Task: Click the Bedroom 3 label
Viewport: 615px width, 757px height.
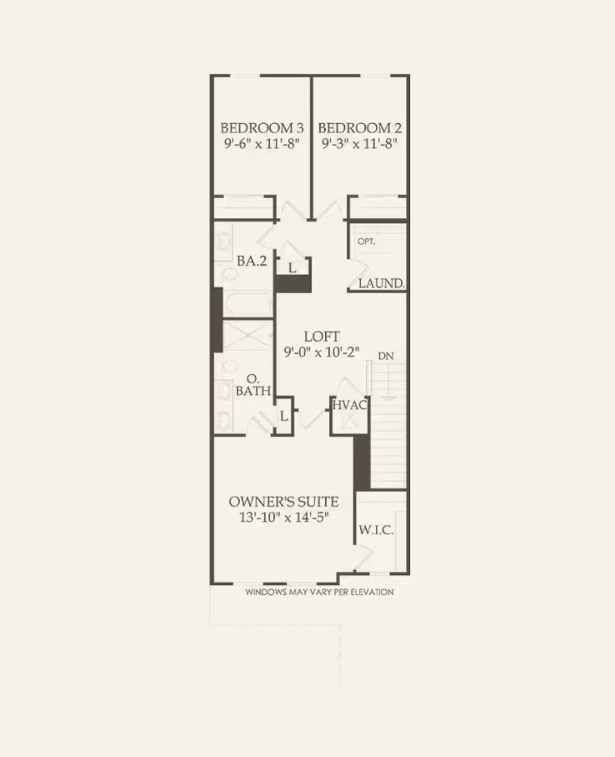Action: click(x=262, y=128)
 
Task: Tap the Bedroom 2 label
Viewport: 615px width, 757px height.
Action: click(x=360, y=128)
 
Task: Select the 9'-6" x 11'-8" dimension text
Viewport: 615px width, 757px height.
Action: click(x=262, y=144)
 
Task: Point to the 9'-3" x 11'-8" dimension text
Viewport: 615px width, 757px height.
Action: click(x=360, y=144)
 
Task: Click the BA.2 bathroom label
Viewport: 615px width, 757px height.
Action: click(x=252, y=262)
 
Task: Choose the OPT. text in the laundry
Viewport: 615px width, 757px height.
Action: click(x=366, y=242)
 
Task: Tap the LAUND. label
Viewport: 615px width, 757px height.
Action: click(x=381, y=283)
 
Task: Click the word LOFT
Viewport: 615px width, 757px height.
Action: click(x=321, y=336)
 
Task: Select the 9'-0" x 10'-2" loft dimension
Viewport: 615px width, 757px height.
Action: click(x=321, y=352)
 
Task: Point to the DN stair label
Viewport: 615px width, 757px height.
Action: click(x=386, y=356)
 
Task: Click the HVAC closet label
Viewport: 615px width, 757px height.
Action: click(x=350, y=405)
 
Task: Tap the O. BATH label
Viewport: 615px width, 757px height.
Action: click(x=253, y=385)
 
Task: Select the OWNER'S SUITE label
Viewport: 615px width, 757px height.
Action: click(x=283, y=502)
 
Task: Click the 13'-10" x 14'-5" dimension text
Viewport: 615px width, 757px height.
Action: click(x=283, y=517)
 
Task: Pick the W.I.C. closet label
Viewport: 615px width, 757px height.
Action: click(x=376, y=531)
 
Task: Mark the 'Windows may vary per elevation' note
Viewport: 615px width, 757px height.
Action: click(x=320, y=592)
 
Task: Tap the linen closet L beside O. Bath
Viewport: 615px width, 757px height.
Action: click(x=284, y=416)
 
